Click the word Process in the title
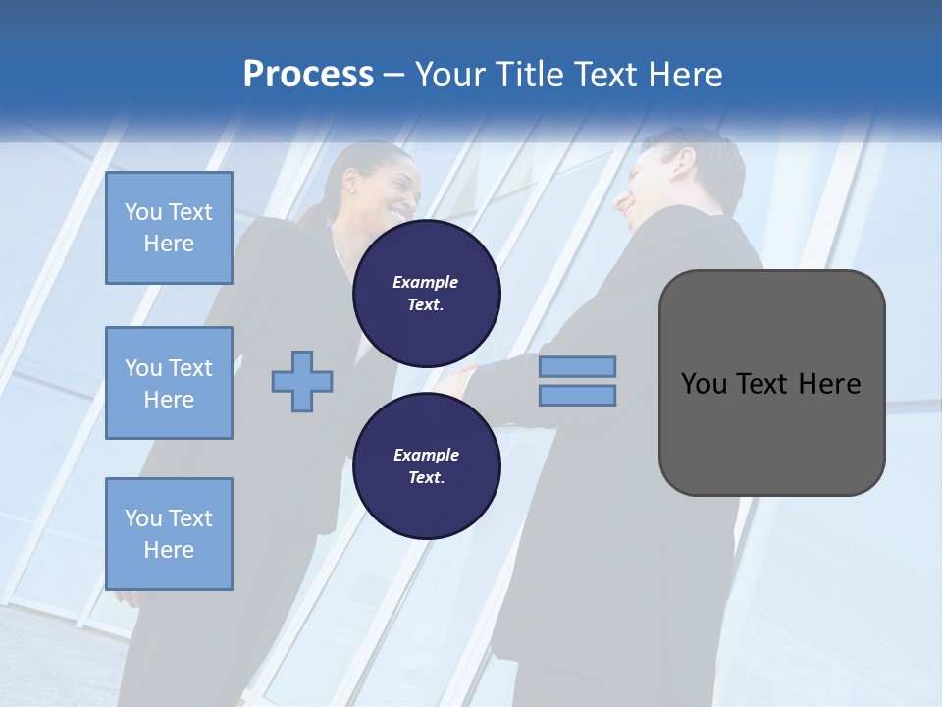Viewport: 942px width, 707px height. coord(308,75)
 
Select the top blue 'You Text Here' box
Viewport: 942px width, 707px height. coord(169,228)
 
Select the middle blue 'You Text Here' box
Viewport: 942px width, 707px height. coord(169,383)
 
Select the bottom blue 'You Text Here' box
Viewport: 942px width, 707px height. coord(169,534)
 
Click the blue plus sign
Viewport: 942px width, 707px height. coord(302,381)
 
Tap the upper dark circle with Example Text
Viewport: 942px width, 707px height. coord(427,293)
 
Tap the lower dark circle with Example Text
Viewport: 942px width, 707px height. coord(427,465)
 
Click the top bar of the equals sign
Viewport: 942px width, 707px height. coord(578,366)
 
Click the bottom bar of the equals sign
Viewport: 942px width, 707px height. coord(578,396)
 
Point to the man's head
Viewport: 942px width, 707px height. coord(677,177)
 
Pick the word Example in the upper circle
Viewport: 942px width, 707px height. coord(426,282)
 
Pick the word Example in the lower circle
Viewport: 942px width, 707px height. coord(426,455)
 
